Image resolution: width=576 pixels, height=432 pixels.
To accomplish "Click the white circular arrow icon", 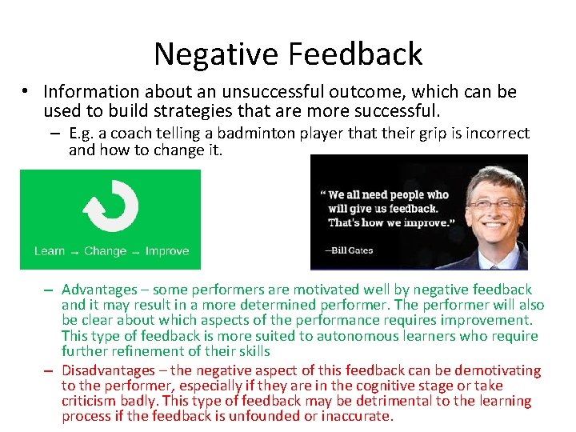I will tap(110, 206).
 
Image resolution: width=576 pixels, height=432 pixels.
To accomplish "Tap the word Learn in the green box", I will tap(50, 251).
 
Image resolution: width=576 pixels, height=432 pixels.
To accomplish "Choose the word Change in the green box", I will tap(106, 251).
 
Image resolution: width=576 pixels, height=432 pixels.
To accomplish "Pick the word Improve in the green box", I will tap(167, 251).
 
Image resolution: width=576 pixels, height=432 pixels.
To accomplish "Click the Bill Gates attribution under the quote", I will tap(349, 250).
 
